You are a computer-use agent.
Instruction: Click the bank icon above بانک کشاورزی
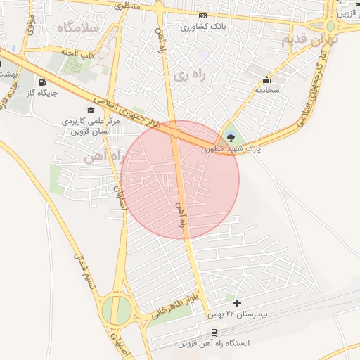pyautogui.click(x=202, y=15)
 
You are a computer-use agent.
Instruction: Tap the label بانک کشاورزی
pyautogui.click(x=202, y=27)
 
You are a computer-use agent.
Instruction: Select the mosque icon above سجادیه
pyautogui.click(x=266, y=79)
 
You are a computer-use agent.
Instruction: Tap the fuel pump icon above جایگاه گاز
pyautogui.click(x=42, y=82)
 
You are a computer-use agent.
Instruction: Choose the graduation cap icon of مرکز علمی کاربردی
pyautogui.click(x=90, y=110)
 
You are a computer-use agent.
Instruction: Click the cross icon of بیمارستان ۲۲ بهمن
pyautogui.click(x=237, y=303)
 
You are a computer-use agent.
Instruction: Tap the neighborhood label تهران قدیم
pyautogui.click(x=309, y=40)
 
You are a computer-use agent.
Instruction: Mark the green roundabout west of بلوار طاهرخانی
pyautogui.click(x=116, y=309)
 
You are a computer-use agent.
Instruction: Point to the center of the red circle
pyautogui.click(x=180, y=180)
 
